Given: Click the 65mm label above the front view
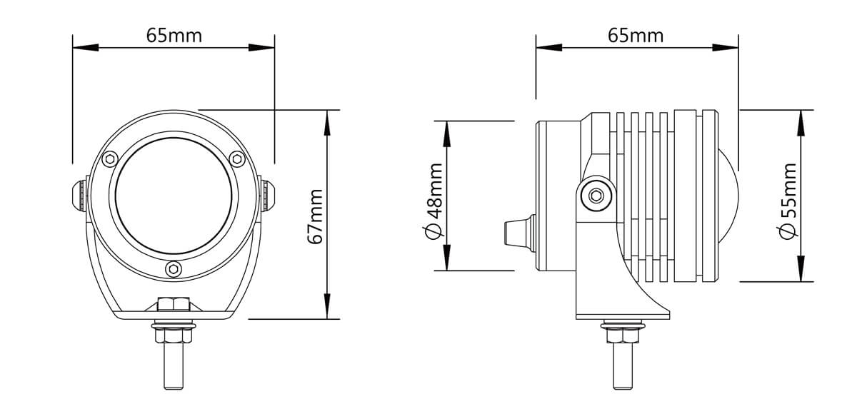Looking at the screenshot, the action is click(x=174, y=36).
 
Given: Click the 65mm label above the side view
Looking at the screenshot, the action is click(x=636, y=36).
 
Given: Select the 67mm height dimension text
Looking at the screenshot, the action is click(x=316, y=216).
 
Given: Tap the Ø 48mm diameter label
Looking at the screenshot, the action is click(x=434, y=201).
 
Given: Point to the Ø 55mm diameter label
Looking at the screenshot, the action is click(x=788, y=201).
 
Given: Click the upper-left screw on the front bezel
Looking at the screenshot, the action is click(x=110, y=158).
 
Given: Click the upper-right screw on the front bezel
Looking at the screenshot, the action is click(x=237, y=158).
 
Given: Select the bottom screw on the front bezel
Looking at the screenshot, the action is click(x=174, y=269).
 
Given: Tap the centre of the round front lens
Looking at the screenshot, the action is click(x=174, y=196).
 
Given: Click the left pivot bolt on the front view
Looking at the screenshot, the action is click(x=80, y=196).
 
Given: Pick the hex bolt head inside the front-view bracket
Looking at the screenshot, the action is click(x=174, y=304).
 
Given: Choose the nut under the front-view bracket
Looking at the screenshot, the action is click(x=174, y=335).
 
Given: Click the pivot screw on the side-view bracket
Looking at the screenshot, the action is click(x=596, y=196).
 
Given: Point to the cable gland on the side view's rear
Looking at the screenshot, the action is click(x=520, y=233).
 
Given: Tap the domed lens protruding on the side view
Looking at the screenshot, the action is click(x=728, y=196).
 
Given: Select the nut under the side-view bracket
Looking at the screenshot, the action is click(x=623, y=335).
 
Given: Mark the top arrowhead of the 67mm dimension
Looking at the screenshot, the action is click(x=327, y=123).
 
